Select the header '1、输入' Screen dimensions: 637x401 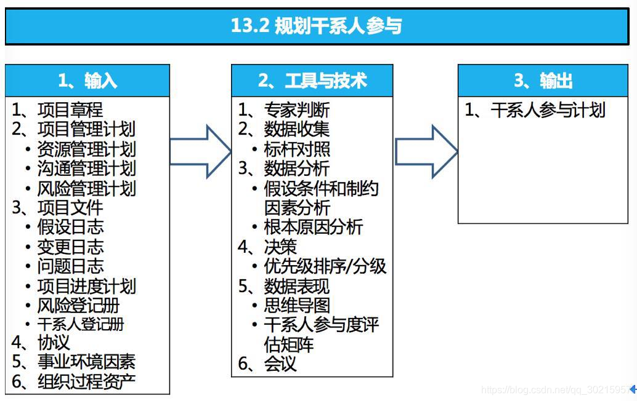click(87, 81)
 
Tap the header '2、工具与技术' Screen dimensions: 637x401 click(312, 81)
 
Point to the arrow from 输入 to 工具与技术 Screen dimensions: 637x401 click(200, 151)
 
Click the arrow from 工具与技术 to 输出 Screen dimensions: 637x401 click(426, 151)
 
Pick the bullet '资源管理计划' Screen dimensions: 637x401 click(86, 149)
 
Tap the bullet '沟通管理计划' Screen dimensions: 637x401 click(86, 169)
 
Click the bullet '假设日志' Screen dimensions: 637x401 click(70, 227)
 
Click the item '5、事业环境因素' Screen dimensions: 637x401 click(73, 362)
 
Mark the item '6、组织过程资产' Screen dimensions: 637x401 click(73, 381)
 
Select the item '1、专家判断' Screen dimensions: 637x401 click(284, 110)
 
